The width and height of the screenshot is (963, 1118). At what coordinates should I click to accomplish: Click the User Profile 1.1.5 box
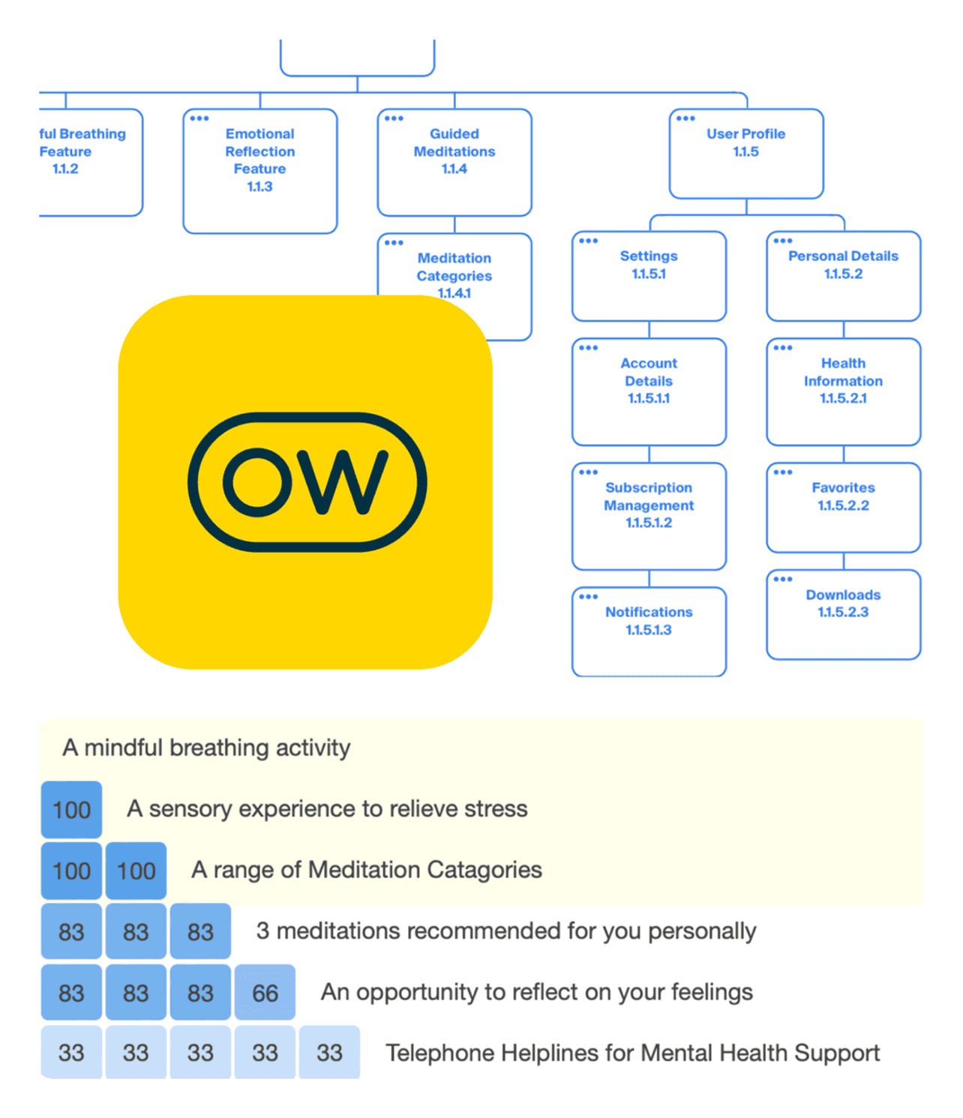click(x=746, y=154)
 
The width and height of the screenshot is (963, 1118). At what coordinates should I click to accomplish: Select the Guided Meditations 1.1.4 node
click(x=454, y=162)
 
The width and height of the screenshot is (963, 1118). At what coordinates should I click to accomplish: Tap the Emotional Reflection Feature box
click(x=260, y=171)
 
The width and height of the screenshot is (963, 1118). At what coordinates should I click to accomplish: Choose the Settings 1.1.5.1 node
click(x=649, y=275)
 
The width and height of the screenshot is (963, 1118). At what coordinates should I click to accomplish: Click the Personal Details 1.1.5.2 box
click(x=843, y=275)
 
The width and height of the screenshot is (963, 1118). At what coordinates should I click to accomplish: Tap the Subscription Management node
click(x=649, y=516)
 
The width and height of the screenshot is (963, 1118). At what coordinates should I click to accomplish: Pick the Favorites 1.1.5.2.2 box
click(x=843, y=507)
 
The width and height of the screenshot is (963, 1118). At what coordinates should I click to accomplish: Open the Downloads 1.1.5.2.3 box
click(x=843, y=614)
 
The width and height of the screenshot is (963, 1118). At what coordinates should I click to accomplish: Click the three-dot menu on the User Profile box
click(x=685, y=118)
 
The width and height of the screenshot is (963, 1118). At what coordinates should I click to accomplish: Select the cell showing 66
click(x=265, y=993)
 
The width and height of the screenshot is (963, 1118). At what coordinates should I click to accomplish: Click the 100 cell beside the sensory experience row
click(x=71, y=810)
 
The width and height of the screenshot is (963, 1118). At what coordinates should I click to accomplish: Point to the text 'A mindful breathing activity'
click(x=206, y=748)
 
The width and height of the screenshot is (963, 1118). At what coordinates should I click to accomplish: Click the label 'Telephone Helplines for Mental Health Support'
click(x=632, y=1053)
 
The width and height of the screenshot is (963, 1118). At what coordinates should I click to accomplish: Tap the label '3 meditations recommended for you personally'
click(x=505, y=931)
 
